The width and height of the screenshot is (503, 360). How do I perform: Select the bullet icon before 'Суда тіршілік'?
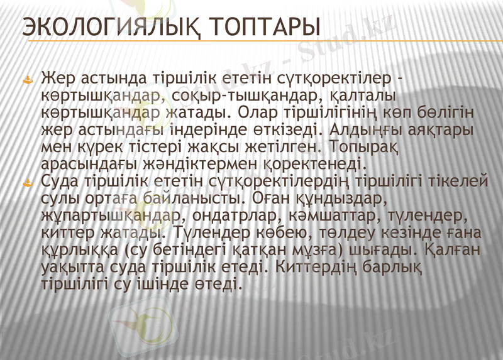point(28,183)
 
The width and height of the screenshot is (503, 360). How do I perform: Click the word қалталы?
point(364,97)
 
